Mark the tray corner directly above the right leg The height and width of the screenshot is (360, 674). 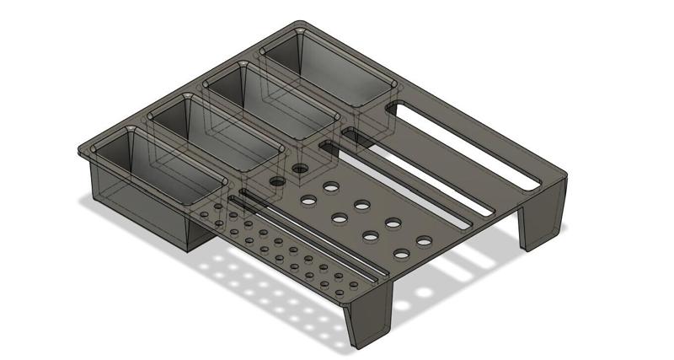click(x=563, y=177)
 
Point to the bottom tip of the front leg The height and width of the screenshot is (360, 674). click(x=358, y=347)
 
